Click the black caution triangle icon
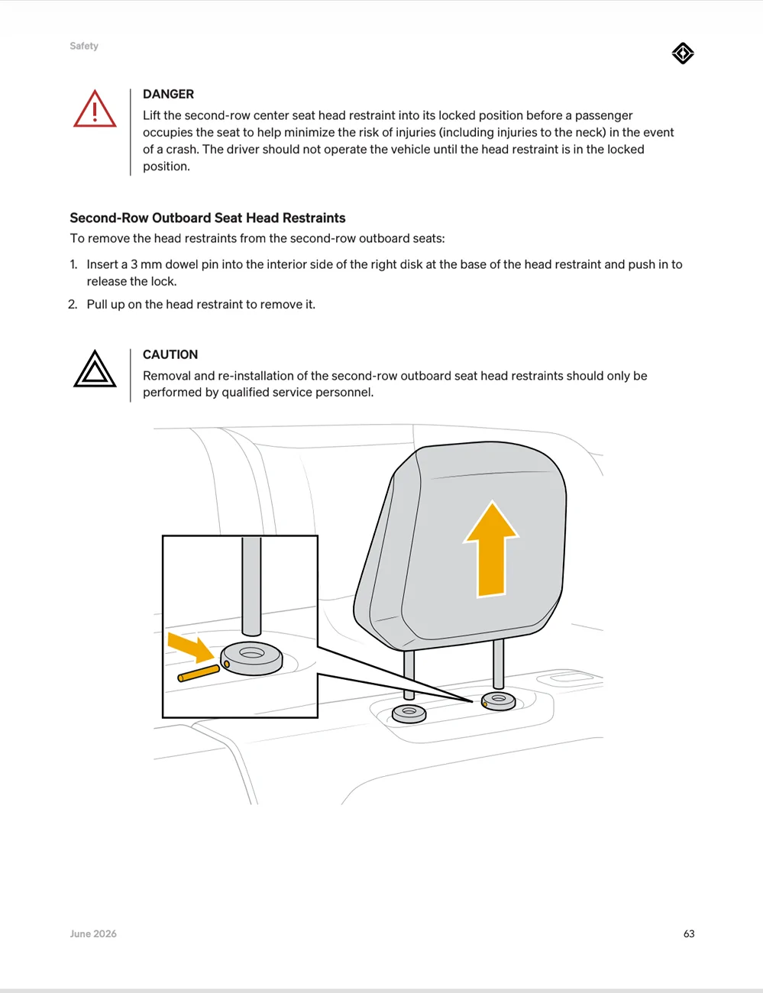coord(95,369)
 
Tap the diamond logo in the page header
coord(683,53)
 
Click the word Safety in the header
coord(84,46)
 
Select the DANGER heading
coord(168,94)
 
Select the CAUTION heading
coord(170,354)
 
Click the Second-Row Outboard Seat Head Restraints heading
coord(208,218)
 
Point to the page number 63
coord(688,933)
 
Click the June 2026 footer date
coord(93,933)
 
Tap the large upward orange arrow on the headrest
coord(491,548)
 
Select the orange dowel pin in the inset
coord(199,674)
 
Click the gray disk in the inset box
coord(251,658)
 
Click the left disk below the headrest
coord(409,713)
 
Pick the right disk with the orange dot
coord(499,701)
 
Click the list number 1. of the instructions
coord(73,264)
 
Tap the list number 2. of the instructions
coord(73,304)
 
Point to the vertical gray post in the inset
coord(251,587)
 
